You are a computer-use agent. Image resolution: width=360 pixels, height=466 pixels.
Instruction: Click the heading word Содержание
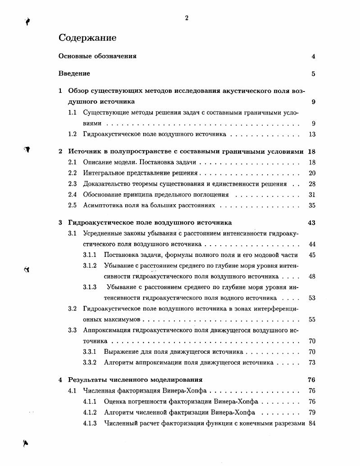(x=87, y=38)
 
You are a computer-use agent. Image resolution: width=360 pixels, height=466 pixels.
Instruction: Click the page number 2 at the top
(x=187, y=18)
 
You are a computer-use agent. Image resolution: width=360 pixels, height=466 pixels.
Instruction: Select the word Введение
(x=74, y=73)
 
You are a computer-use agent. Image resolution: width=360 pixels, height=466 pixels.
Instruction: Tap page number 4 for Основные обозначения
(x=313, y=57)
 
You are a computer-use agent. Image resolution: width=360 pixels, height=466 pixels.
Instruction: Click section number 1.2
(x=73, y=134)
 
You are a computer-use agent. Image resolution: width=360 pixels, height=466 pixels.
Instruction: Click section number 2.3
(x=73, y=184)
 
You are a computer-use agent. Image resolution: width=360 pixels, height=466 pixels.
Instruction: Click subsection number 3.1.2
(x=90, y=265)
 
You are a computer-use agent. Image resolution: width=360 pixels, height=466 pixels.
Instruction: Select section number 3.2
(x=73, y=309)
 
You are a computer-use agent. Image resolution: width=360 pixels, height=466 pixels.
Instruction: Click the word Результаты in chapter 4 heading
(x=86, y=380)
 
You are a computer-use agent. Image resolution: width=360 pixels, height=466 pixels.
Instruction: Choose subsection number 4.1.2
(x=90, y=412)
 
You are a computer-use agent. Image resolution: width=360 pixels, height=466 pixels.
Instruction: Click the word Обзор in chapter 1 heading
(x=77, y=91)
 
